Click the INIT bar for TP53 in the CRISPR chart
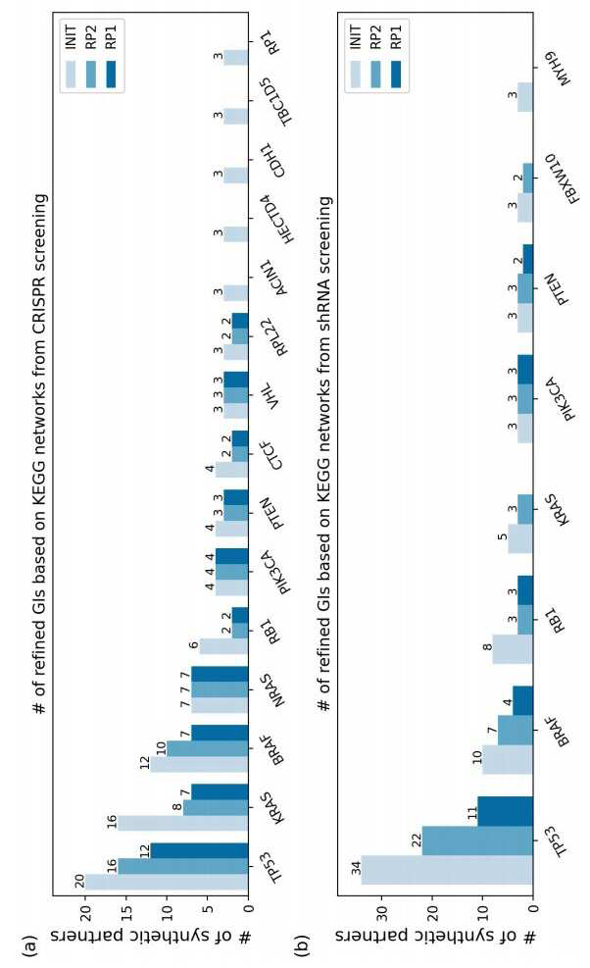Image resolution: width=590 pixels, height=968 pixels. coord(167,883)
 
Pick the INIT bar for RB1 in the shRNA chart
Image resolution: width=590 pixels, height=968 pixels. coord(513,649)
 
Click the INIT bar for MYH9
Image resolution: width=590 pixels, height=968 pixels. coord(525,97)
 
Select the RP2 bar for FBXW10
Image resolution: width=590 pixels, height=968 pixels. coord(527,178)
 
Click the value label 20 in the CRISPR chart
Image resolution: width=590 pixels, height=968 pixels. coord(79,881)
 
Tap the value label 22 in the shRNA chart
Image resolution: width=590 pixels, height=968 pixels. coord(417,840)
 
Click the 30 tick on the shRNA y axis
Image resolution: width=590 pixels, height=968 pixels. coord(382,918)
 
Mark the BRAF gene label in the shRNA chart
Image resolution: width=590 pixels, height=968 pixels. coord(558,733)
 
